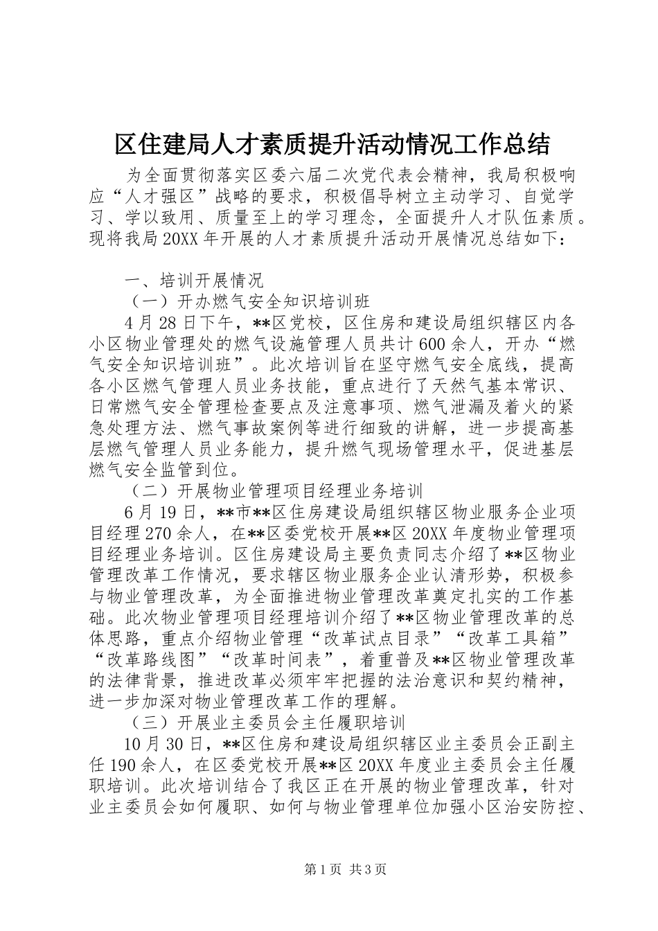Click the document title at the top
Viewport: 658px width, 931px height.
point(332,144)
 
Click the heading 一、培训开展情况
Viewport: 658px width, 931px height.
point(193,281)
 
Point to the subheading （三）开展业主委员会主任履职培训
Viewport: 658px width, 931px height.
point(267,724)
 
